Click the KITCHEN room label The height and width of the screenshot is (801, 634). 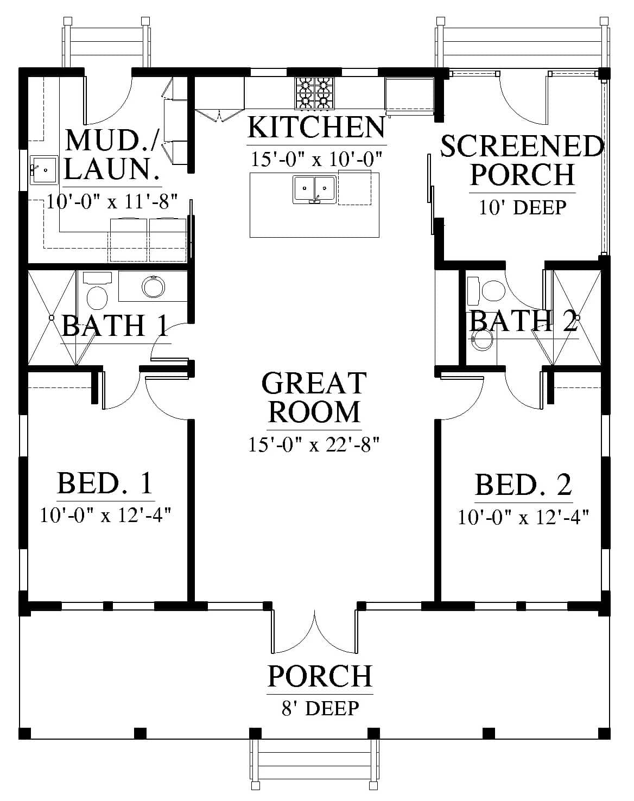coord(316,128)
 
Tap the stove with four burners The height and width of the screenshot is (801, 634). coord(315,93)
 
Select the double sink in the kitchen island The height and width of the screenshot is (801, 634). coord(315,190)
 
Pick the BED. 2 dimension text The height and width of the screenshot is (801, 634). coord(523,517)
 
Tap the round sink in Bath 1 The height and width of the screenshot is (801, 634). coord(153,287)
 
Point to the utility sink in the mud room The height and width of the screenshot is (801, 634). coord(44,170)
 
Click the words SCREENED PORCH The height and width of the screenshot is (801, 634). coord(523,161)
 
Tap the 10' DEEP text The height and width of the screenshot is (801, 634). coord(522,208)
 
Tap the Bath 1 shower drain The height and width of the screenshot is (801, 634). coord(52,317)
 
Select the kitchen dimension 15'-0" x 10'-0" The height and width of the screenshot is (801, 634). coord(316,160)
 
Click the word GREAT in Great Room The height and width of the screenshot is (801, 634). coord(314,383)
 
